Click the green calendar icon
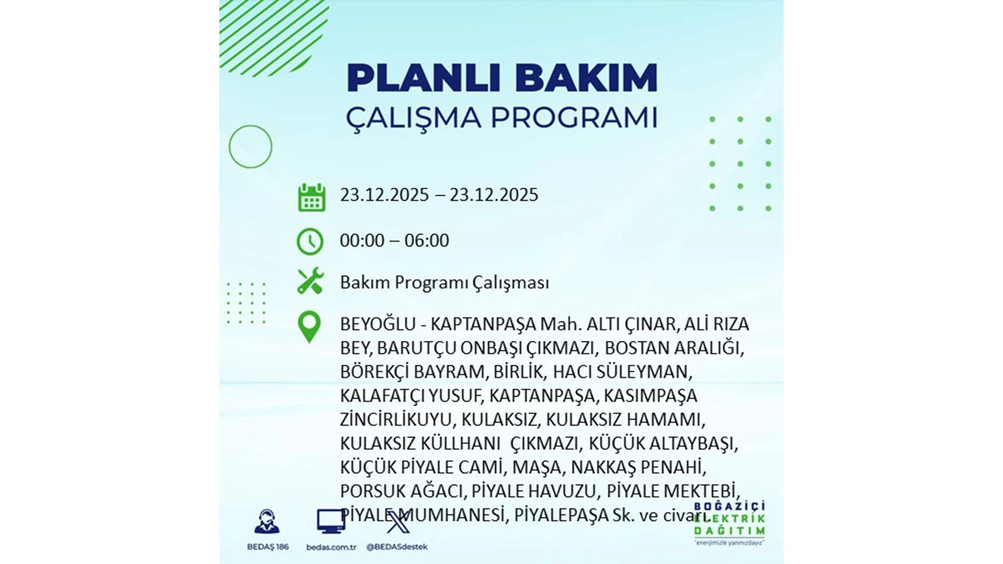(x=312, y=197)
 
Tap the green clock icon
(x=310, y=242)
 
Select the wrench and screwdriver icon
(x=311, y=281)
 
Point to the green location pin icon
(x=310, y=327)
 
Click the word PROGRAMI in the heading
(x=574, y=118)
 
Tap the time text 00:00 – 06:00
(x=394, y=241)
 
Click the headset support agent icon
(x=267, y=521)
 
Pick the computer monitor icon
(x=331, y=521)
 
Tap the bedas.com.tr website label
(x=331, y=547)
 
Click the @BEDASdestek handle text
(x=397, y=547)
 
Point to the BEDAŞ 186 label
(x=268, y=547)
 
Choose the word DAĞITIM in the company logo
(x=730, y=531)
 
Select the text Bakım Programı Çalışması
(x=444, y=283)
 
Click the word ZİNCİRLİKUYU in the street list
(x=396, y=420)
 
